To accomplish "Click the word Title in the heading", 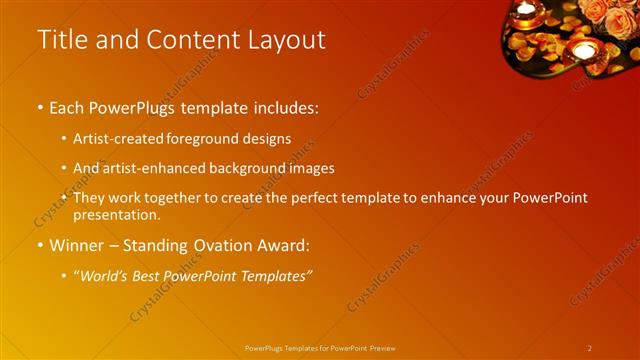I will tap(61, 40).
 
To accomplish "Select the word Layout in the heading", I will tap(282, 40).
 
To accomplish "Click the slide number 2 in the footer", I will tap(589, 348).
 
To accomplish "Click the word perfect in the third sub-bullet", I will tap(314, 198).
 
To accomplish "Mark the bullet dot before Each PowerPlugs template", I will tap(40, 106).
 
